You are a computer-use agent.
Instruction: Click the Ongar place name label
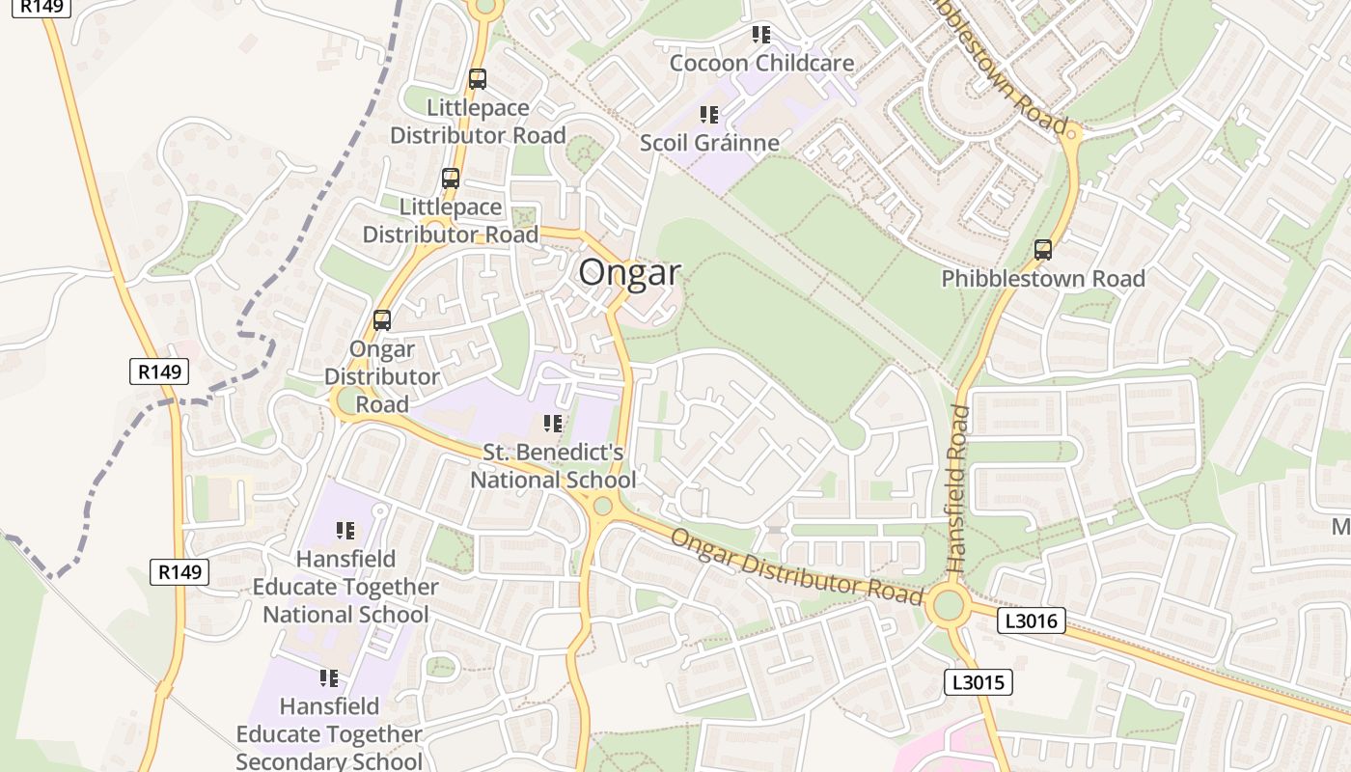coord(629,272)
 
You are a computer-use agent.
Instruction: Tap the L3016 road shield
coord(1031,621)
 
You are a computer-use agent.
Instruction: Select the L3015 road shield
coord(978,683)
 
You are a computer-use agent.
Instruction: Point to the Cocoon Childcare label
coord(761,64)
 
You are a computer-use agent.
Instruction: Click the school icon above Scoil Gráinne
coord(709,115)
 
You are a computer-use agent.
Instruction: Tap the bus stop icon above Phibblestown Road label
coord(1042,250)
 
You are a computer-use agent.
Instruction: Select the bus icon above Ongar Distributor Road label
coord(382,319)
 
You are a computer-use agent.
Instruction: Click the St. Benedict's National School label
coord(553,466)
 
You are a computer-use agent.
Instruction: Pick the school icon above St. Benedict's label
coord(553,423)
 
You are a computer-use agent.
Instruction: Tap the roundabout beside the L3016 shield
coord(948,606)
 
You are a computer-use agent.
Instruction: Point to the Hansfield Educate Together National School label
coord(345,587)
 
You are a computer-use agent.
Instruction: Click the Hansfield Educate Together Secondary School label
coord(329,734)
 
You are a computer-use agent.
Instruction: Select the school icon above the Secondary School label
coord(329,678)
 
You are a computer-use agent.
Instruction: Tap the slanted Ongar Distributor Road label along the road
coord(797,566)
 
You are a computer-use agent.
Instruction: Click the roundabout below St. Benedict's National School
coord(603,505)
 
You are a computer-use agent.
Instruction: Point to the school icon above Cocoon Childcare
coord(761,35)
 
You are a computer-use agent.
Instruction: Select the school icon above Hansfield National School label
coord(345,530)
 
